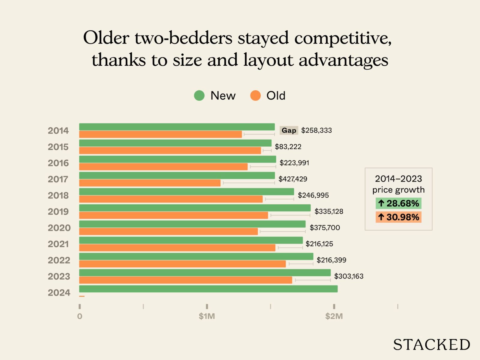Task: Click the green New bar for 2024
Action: tap(208, 289)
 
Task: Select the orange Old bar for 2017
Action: tap(150, 183)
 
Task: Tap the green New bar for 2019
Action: tap(195, 208)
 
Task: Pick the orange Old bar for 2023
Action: tap(185, 280)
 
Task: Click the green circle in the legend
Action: tap(199, 96)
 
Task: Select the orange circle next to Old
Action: tap(255, 96)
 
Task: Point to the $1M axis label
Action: tap(207, 316)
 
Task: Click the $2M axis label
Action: tap(334, 316)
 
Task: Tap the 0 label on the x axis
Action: tap(79, 316)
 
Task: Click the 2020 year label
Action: tap(59, 228)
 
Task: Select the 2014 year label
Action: tap(58, 130)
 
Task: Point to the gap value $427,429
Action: tap(293, 179)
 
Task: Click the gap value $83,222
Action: tap(288, 147)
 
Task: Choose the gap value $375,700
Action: tap(325, 228)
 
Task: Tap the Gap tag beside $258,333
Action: tap(289, 130)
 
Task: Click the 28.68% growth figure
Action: tap(398, 203)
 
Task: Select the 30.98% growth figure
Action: tap(398, 217)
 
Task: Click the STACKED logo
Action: tap(431, 345)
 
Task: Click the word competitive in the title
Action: tap(343, 38)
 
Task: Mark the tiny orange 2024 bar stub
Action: tap(82, 296)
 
